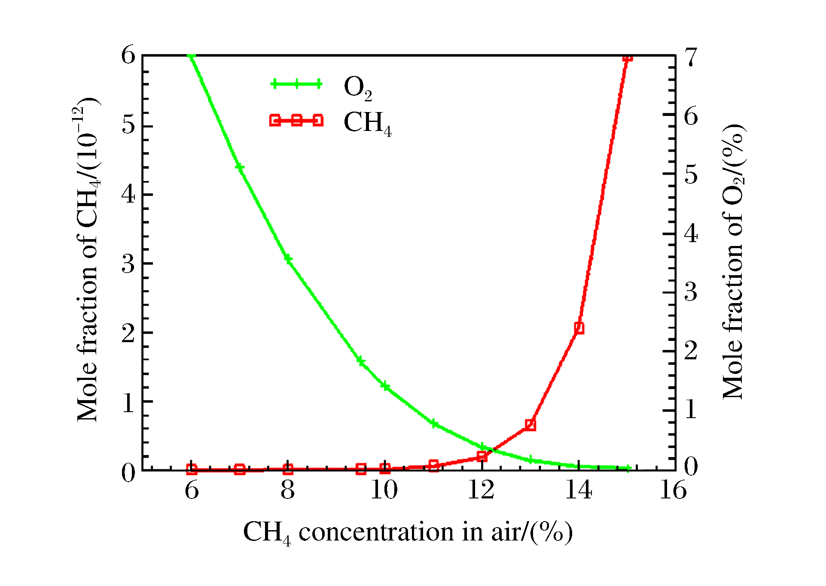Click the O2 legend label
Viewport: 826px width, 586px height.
point(357,88)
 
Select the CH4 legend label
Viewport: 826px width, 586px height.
point(367,123)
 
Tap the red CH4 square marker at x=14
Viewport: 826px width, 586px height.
point(579,328)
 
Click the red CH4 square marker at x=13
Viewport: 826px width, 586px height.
point(530,425)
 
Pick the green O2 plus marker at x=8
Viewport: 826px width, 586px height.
point(288,259)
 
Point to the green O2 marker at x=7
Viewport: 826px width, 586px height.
point(240,167)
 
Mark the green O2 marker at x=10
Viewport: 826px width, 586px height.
point(385,386)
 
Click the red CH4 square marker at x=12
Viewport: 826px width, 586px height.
point(482,456)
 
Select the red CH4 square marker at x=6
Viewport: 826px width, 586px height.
point(192,469)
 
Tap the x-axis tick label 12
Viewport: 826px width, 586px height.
point(481,490)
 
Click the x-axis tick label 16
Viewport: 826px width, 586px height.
point(673,490)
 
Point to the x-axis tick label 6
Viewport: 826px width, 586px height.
point(192,490)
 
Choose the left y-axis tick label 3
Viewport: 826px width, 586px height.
point(128,264)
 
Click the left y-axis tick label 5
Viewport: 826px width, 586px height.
point(128,125)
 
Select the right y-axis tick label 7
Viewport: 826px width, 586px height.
point(691,57)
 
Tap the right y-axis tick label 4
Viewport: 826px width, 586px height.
point(691,234)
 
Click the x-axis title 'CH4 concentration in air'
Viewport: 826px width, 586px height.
point(408,533)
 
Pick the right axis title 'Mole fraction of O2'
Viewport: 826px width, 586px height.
point(734,262)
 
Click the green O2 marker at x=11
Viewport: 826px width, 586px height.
point(434,424)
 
